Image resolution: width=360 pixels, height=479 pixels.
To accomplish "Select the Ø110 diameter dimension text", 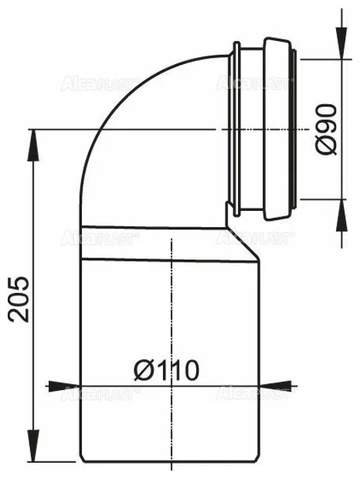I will click(165, 369).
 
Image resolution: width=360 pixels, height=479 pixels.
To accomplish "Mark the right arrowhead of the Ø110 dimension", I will click(289, 384).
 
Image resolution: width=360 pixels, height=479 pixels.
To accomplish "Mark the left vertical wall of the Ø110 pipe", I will click(80, 348).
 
